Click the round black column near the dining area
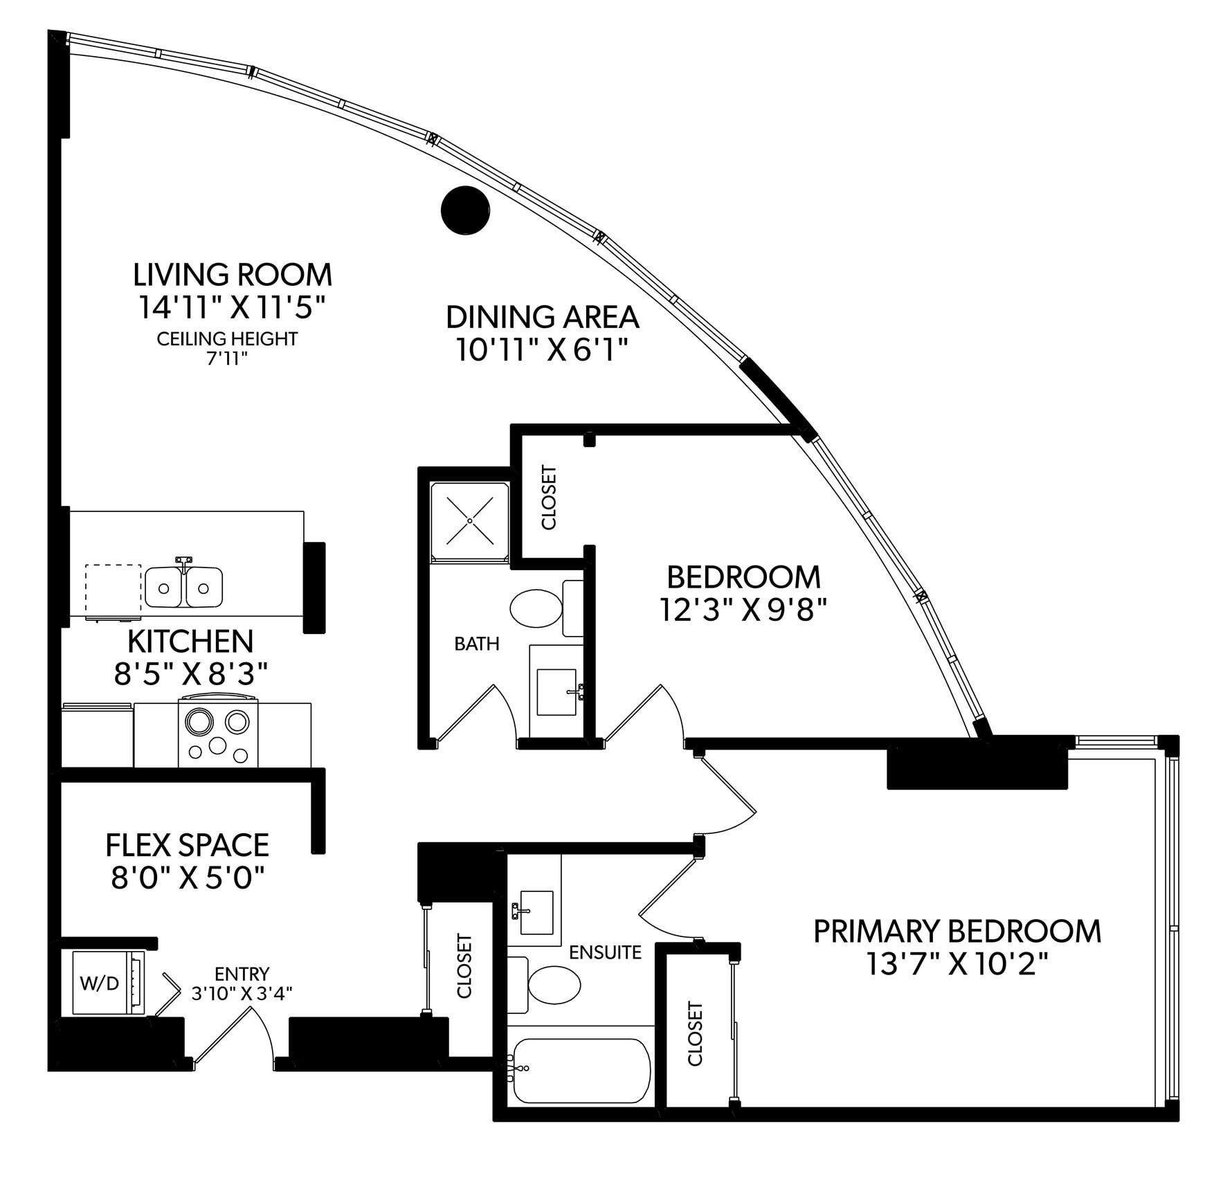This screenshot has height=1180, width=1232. pyautogui.click(x=465, y=212)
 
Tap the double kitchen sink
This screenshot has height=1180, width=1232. pyautogui.click(x=183, y=587)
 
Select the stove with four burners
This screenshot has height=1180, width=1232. pyautogui.click(x=218, y=733)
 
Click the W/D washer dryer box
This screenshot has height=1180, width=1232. pyautogui.click(x=101, y=983)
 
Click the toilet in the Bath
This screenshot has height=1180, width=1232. pyautogui.click(x=536, y=608)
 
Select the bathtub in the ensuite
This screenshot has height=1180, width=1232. pyautogui.click(x=581, y=1071)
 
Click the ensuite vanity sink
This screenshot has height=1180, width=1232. pyautogui.click(x=532, y=912)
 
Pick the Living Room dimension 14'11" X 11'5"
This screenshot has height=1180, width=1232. pyautogui.click(x=232, y=307)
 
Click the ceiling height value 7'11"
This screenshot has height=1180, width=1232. pyautogui.click(x=227, y=359)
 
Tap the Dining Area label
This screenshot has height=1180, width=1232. pyautogui.click(x=542, y=317)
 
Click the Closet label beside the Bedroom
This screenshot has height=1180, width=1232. pyautogui.click(x=549, y=498)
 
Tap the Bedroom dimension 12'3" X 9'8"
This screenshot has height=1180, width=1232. pyautogui.click(x=743, y=610)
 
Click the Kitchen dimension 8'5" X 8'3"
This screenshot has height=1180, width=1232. pyautogui.click(x=191, y=673)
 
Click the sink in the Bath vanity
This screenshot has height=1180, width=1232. pyautogui.click(x=557, y=692)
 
